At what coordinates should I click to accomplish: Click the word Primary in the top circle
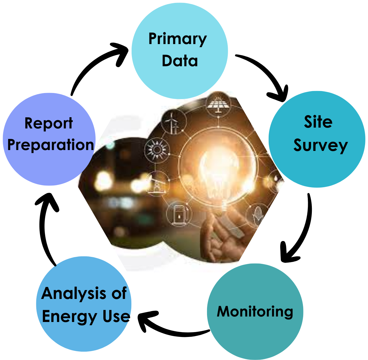[177, 39]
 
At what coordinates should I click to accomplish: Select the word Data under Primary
[180, 61]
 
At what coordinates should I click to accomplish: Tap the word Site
[318, 122]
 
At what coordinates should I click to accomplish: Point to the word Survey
[320, 145]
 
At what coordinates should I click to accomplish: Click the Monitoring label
[255, 312]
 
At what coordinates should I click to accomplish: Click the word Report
[48, 123]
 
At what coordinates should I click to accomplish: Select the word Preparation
[51, 145]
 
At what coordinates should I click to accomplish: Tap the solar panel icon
[218, 105]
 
